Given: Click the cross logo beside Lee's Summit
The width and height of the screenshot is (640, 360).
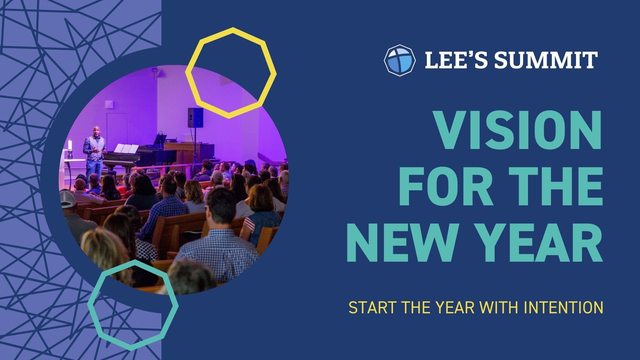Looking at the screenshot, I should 400,60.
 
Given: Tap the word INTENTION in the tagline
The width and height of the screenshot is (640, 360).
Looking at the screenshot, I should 563,308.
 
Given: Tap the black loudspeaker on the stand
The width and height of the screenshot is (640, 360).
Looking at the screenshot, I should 195,118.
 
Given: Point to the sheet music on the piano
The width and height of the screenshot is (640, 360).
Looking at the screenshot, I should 126,149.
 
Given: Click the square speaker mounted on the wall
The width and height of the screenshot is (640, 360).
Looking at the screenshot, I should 109,104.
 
